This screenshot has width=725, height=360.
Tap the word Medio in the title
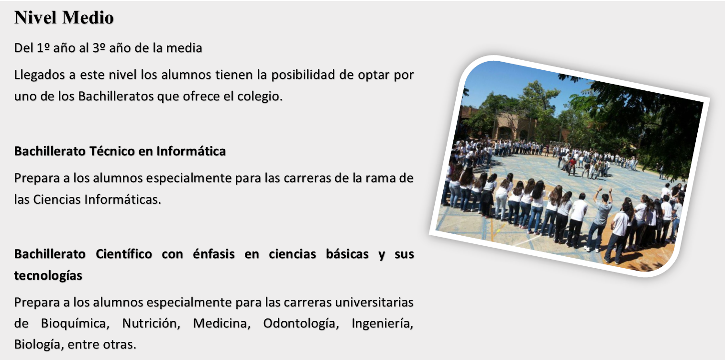(88, 18)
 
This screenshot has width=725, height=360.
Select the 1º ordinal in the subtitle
(44, 48)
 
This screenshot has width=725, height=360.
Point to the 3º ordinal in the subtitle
(99, 48)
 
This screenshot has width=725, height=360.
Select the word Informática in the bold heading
(191, 151)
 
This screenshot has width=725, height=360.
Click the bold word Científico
(124, 254)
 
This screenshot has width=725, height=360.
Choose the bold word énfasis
(214, 254)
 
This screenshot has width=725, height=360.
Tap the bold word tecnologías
(48, 276)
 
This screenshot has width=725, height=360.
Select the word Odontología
(301, 324)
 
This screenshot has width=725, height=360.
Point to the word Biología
(39, 345)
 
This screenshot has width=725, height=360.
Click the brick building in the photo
(511, 126)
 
